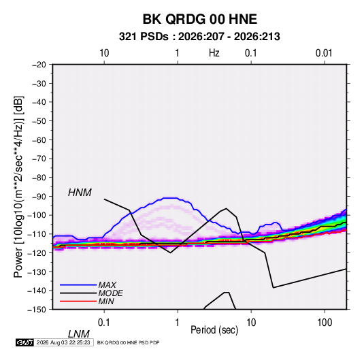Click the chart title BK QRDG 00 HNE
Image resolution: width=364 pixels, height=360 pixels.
[199, 19]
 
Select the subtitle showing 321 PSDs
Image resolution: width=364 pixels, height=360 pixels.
[199, 37]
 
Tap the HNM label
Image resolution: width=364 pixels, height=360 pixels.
[80, 193]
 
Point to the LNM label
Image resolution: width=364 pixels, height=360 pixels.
[78, 334]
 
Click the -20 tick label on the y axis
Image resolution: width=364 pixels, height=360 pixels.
[39, 65]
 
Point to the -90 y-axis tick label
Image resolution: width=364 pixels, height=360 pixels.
[39, 197]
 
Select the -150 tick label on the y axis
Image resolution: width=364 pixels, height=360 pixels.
[37, 310]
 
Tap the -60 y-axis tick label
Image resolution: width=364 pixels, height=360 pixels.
[39, 140]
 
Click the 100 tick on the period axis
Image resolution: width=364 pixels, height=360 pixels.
[325, 323]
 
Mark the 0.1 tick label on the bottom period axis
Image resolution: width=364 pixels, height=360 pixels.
[103, 323]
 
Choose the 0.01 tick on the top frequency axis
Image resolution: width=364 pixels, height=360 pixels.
[324, 53]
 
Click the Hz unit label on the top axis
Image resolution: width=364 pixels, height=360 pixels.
[214, 53]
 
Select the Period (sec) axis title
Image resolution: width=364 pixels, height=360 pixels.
[214, 330]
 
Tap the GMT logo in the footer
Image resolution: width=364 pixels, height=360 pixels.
[24, 342]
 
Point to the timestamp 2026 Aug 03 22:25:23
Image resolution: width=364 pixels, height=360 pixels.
[63, 342]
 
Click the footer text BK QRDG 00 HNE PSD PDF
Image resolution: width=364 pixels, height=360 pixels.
[128, 342]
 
